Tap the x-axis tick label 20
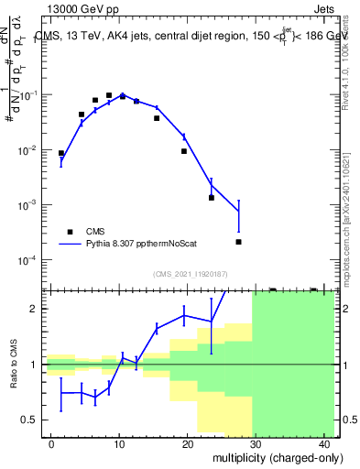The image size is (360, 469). coord(186,444)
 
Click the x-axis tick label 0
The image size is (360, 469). coord(51,444)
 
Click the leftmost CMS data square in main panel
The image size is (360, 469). coord(61,154)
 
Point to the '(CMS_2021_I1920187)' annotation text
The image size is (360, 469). coord(190,274)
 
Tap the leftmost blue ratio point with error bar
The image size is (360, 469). coord(61,393)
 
